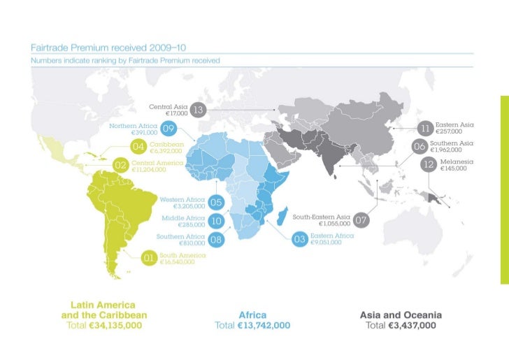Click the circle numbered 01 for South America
coord(149,259)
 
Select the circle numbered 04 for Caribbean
coord(138,147)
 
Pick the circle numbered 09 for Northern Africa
coord(169,129)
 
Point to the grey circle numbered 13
coord(198,110)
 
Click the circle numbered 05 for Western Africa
coord(216,203)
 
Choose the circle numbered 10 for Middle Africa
coord(216,221)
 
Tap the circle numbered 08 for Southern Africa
coord(216,240)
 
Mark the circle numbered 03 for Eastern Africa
coord(300,240)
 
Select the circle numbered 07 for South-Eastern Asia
coord(361,220)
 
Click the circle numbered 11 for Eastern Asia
coord(424,128)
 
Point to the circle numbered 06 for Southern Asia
coord(420,147)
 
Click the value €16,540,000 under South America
coord(177,262)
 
